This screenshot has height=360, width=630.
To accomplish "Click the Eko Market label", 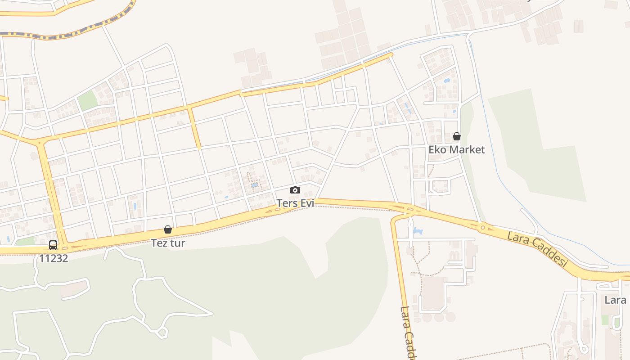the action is tap(456, 149).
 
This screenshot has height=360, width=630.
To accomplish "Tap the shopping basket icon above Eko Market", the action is tap(456, 136).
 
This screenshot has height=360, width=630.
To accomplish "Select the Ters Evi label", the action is tap(295, 203).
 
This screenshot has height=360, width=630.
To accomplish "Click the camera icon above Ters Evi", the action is tap(295, 190).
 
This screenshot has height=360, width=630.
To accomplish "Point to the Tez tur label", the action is tap(168, 243).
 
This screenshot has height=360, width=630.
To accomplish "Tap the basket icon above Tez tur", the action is tap(168, 229).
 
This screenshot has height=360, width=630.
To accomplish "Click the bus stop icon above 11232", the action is tap(53, 245).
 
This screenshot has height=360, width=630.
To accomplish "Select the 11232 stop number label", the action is tap(54, 258).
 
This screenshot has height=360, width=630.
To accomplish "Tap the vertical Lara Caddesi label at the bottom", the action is tap(407, 333).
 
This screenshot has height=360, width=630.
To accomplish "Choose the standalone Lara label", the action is tap(615, 300).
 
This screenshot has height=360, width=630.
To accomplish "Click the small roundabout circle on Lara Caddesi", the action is tap(482, 227).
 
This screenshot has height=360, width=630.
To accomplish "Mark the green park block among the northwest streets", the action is tap(87, 101).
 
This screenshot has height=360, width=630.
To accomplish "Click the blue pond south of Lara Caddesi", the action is tap(418, 231).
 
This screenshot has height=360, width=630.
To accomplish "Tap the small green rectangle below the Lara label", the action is tap(605, 320).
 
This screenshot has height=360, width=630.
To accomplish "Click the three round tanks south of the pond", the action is tap(438, 317).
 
